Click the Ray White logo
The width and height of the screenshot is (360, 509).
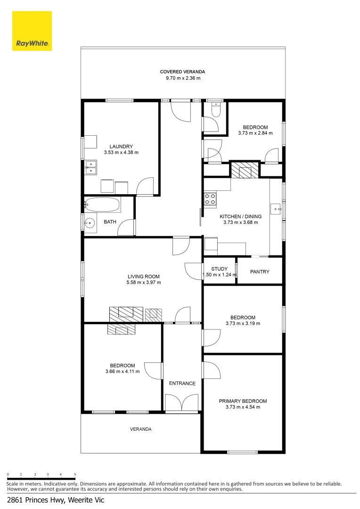pos(32,31)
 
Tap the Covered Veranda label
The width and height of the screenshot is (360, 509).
pos(182,72)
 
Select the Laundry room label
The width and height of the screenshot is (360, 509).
pos(121,146)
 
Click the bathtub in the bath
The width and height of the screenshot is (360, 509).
pos(102,205)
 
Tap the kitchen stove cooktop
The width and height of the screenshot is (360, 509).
pos(210,199)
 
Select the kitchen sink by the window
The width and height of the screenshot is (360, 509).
pos(275,208)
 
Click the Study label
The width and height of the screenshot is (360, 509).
pos(219,269)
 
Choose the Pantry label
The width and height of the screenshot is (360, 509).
pos(260,271)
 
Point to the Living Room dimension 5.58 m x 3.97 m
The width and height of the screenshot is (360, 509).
pos(144,283)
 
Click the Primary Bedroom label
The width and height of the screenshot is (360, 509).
pos(243,401)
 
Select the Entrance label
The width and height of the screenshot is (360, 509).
pos(182,383)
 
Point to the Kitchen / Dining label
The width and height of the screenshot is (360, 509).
pos(240,217)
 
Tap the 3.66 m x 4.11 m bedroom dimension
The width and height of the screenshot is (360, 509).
pos(123,372)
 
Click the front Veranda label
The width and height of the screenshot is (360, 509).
pos(141,429)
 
